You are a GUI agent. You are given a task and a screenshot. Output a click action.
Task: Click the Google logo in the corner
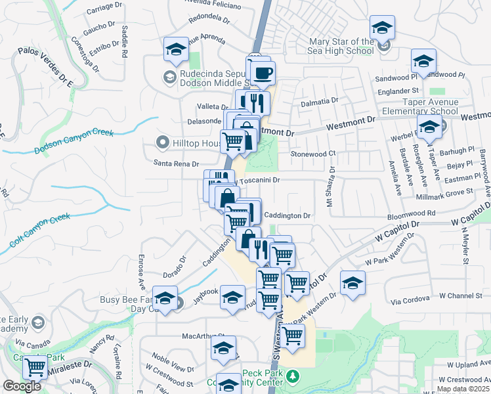tap(22, 386)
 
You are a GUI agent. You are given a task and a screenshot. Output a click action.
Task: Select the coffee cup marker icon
tap(263, 74)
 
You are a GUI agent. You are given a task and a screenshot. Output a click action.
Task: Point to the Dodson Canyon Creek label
tap(74, 141)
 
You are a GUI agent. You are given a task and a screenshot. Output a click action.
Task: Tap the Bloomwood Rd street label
tap(412, 213)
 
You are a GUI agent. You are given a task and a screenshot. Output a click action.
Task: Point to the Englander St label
tap(396, 90)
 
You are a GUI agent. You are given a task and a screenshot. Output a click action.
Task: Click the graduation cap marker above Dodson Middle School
tap(176, 49)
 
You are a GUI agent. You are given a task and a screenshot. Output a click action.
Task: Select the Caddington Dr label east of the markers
tap(286, 215)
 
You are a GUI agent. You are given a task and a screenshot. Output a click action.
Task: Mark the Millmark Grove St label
tap(444, 191)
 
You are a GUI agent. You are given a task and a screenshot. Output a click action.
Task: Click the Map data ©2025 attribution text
tap(463, 389)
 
